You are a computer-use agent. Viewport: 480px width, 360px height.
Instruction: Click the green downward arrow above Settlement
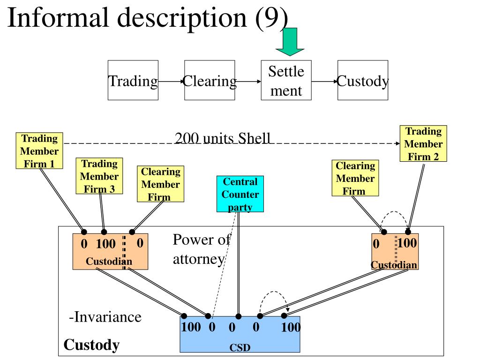(x=290, y=42)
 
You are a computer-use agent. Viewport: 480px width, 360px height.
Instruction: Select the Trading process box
(x=133, y=80)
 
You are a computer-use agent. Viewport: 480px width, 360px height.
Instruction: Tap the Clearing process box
(x=210, y=80)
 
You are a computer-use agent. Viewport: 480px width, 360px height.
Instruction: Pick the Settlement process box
(x=286, y=80)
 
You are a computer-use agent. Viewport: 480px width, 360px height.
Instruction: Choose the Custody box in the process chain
(x=363, y=80)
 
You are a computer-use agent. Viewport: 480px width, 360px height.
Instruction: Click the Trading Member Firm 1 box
(x=39, y=150)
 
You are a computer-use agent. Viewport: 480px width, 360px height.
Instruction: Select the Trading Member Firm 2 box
(x=423, y=143)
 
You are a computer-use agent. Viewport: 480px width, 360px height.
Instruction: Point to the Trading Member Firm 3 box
(x=99, y=176)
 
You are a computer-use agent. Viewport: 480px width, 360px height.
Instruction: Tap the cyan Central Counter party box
(x=240, y=194)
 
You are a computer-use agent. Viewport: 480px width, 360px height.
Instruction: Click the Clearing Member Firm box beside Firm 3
(x=161, y=184)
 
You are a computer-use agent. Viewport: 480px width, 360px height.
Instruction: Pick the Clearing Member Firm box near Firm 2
(x=355, y=178)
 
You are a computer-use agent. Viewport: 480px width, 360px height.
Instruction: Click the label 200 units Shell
(x=223, y=138)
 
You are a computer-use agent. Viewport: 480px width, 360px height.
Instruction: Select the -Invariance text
(x=105, y=317)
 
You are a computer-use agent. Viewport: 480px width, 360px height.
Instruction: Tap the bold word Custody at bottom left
(x=91, y=345)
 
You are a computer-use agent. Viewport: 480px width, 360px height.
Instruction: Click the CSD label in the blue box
(x=240, y=347)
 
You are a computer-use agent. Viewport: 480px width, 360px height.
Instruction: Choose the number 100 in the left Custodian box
(x=106, y=244)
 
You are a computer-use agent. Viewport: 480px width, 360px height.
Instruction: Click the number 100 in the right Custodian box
(x=407, y=243)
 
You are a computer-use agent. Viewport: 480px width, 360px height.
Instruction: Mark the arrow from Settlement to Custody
(x=324, y=82)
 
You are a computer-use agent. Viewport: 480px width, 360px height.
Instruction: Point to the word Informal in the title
(x=58, y=17)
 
